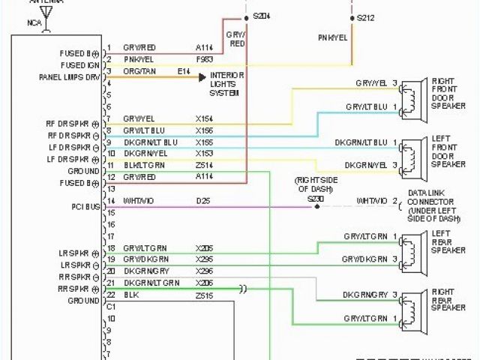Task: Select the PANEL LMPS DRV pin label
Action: (70, 77)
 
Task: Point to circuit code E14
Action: (184, 71)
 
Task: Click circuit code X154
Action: (204, 119)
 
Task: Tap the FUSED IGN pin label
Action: (79, 65)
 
